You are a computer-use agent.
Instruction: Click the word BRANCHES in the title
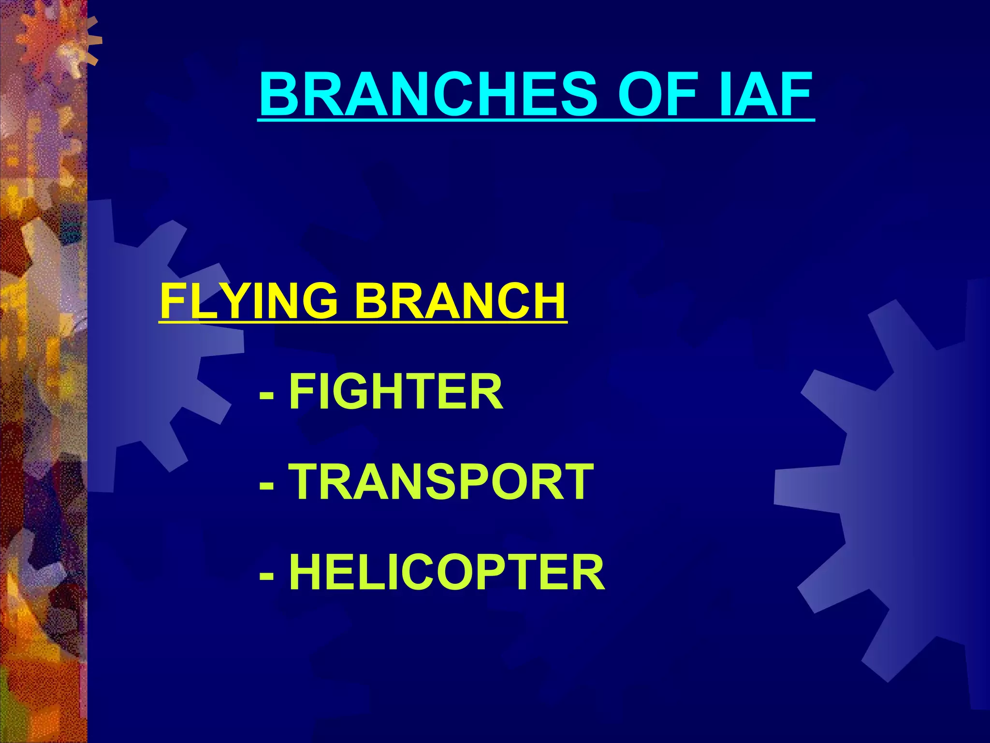tap(428, 94)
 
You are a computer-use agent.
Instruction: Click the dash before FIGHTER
tap(266, 394)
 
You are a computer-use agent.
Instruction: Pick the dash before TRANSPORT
tap(266, 484)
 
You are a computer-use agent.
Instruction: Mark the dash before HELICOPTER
tap(266, 575)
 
